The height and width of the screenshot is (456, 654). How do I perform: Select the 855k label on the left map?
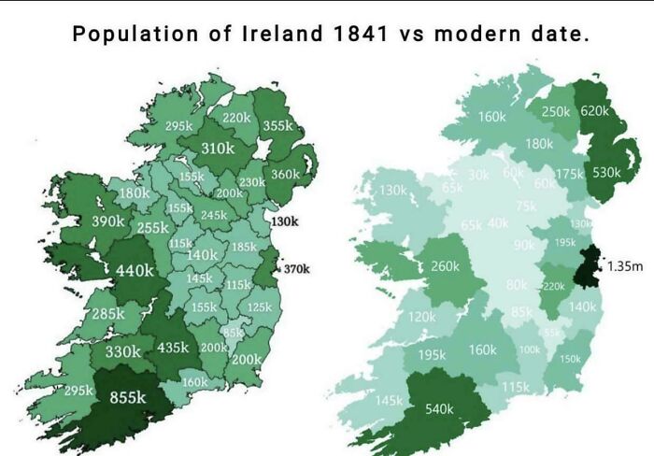128,397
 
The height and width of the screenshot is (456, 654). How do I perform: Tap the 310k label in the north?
218,148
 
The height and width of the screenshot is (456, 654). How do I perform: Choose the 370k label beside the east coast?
296,269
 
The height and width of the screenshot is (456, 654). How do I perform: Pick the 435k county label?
173,347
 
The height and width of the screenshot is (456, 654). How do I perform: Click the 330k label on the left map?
122,351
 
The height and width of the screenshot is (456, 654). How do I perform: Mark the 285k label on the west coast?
108,314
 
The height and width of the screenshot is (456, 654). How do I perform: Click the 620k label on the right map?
594,110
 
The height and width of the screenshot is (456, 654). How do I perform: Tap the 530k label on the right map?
605,173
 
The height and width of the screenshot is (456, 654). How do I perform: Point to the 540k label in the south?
439,408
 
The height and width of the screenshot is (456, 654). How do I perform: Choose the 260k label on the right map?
445,266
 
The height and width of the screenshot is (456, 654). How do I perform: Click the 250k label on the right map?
555,111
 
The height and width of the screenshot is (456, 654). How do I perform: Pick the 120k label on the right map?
421,317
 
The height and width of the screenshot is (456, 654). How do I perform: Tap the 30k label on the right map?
478,175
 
